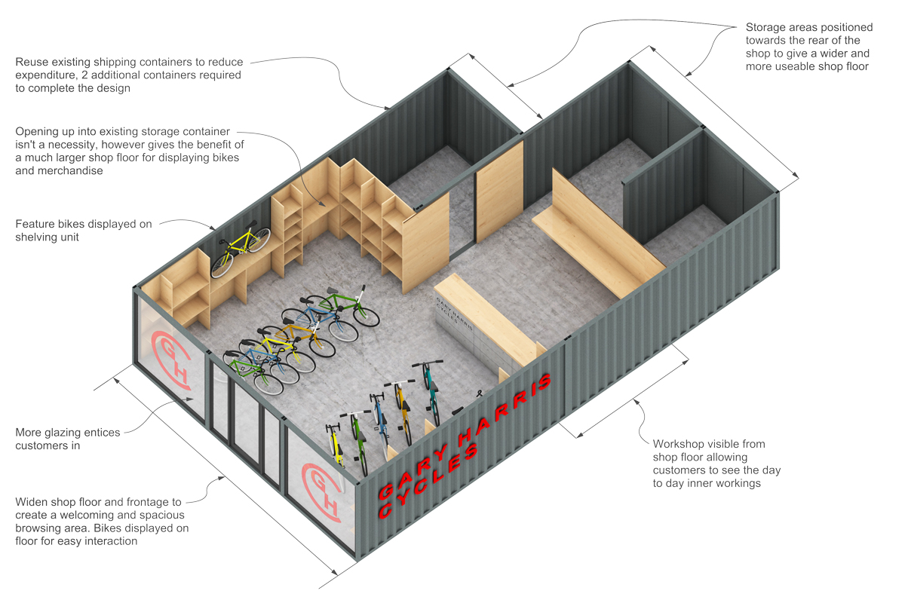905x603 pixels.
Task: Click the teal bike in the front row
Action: (x=432, y=392)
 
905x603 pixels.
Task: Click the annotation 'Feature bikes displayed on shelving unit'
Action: (x=83, y=231)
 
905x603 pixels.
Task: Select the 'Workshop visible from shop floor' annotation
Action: (x=716, y=464)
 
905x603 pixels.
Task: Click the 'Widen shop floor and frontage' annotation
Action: (x=102, y=521)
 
